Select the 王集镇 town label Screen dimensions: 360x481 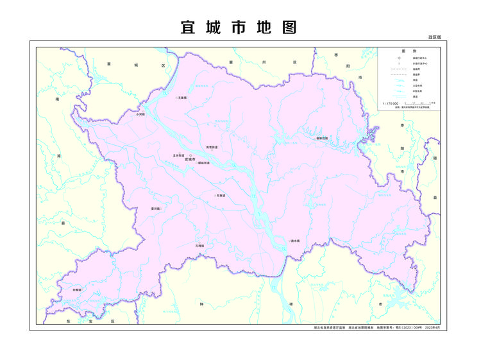pyautogui.click(x=181, y=98)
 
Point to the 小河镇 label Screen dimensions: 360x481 pyautogui.click(x=140, y=114)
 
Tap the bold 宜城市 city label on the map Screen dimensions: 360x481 pyautogui.click(x=190, y=160)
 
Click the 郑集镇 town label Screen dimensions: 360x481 pyautogui.click(x=221, y=195)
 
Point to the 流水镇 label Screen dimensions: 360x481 pyautogui.click(x=296, y=241)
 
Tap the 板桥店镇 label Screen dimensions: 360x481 pyautogui.click(x=322, y=138)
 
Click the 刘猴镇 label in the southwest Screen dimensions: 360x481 pyautogui.click(x=77, y=290)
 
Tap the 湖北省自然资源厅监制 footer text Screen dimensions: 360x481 pyautogui.click(x=329, y=327)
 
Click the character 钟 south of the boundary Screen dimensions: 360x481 pyautogui.click(x=201, y=304)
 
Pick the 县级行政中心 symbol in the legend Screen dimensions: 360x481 pyautogui.click(x=399, y=58)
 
